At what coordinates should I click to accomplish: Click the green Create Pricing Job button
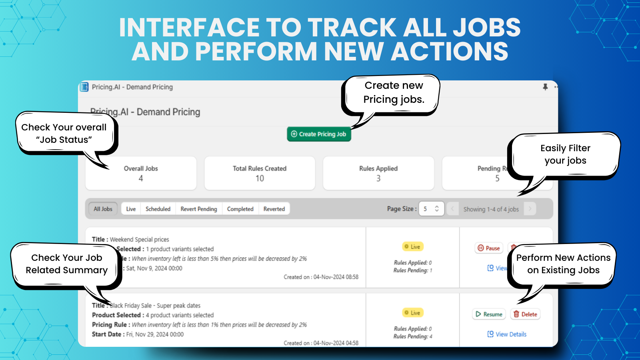[x=319, y=134]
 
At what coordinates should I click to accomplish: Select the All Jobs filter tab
[x=103, y=209]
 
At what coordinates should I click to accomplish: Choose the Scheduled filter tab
[x=158, y=209]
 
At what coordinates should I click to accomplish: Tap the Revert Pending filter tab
[x=198, y=209]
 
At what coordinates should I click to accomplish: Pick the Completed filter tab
[x=240, y=209]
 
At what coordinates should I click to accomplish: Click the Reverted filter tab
[x=274, y=209]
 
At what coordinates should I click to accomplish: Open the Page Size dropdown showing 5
[x=431, y=209]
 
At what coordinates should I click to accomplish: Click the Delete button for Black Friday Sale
[x=525, y=314]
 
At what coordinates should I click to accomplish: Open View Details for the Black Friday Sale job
[x=507, y=334]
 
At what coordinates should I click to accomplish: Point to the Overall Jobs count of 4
[x=141, y=178]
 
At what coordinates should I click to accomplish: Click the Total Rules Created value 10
[x=260, y=178]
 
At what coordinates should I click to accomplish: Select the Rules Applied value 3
[x=378, y=178]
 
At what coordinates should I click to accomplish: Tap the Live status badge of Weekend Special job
[x=412, y=247]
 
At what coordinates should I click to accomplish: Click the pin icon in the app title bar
[x=545, y=87]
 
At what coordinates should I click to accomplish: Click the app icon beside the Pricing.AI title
[x=84, y=87]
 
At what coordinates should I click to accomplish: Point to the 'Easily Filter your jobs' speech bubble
[x=565, y=154]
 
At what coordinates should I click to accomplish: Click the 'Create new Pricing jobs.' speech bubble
[x=394, y=93]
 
